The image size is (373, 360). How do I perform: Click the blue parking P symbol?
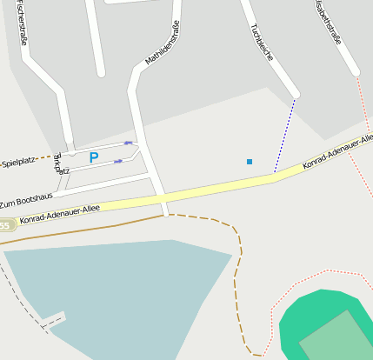pos(94,157)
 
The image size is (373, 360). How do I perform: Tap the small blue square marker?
pos(250,162)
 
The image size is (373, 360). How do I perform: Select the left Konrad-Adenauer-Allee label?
pos(59,213)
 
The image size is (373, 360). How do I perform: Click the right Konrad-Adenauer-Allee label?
pos(337,152)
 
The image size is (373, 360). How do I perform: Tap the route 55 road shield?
pos(5,226)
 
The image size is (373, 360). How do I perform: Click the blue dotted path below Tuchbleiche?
pos(284,136)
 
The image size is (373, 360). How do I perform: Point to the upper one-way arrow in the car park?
pos(128,143)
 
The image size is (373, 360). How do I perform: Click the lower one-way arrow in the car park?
pos(118,161)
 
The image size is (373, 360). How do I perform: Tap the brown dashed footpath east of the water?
pos(236,278)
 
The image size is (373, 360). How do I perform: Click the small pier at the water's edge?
pos(54,319)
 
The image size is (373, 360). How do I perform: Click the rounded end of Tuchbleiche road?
pos(295,92)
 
